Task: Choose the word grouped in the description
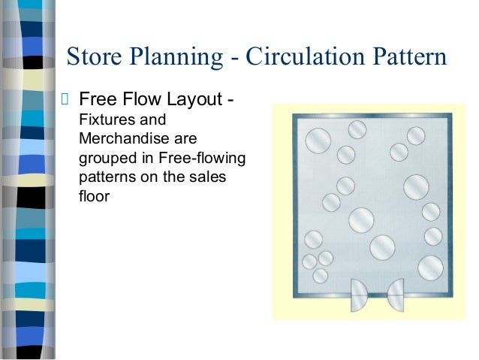click(x=104, y=160)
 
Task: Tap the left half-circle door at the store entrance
click(x=360, y=294)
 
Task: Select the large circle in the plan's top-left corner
click(x=318, y=139)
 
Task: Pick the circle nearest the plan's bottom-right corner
click(x=430, y=267)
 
